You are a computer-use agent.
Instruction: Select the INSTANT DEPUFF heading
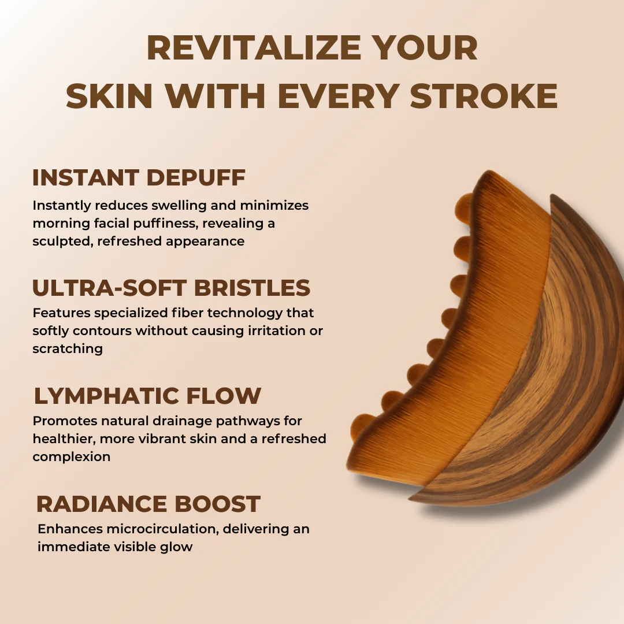coord(139,177)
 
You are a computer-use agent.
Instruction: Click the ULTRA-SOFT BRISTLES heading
coord(171,288)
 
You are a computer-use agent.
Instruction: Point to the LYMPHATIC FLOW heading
coord(147,396)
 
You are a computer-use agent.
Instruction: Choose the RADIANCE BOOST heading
coord(148,504)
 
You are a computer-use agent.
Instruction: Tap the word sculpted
coord(62,241)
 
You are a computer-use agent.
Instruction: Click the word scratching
coord(68,349)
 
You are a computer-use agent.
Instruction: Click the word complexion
coord(72,456)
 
